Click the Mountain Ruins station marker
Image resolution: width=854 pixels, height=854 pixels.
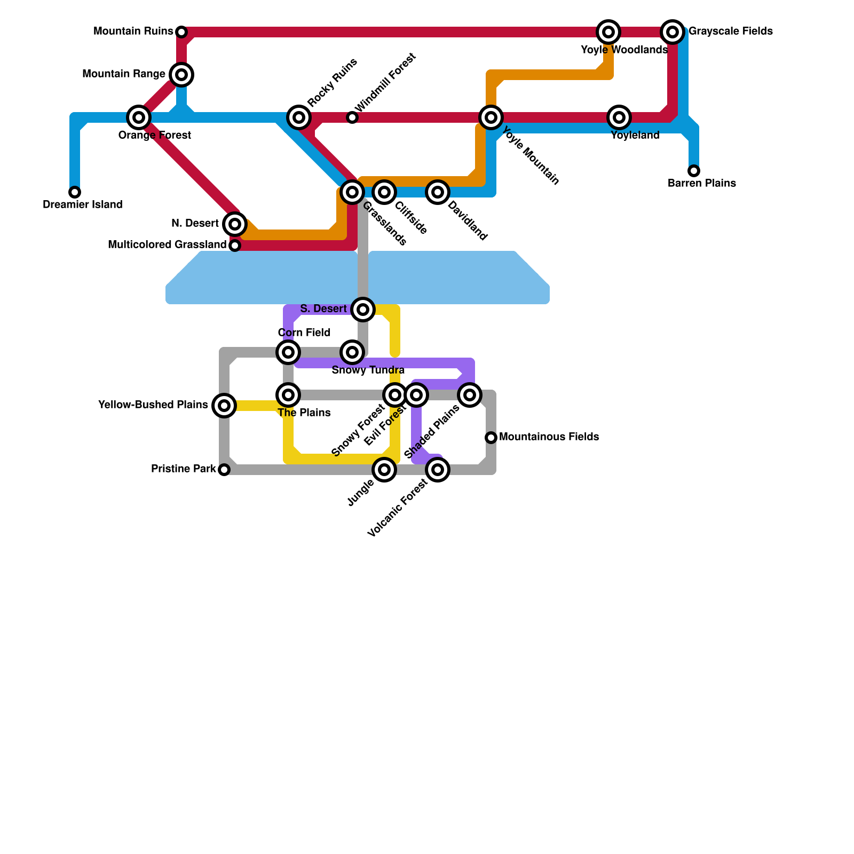[181, 32]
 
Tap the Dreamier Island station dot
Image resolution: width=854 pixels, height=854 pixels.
[75, 192]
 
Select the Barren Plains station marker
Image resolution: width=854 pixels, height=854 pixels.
[694, 171]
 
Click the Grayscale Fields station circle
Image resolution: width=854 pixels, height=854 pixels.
[673, 32]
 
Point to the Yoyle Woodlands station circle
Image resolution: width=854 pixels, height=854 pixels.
[608, 32]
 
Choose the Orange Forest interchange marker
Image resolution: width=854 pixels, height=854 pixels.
[139, 117]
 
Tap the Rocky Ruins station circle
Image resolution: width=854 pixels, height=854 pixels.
[299, 117]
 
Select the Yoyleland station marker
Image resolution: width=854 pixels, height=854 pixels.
[619, 117]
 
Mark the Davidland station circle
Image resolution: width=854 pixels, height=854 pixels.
[438, 192]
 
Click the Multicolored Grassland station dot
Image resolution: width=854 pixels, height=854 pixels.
[235, 246]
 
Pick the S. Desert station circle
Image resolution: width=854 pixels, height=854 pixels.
[363, 309]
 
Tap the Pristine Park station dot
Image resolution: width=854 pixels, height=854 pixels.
[224, 470]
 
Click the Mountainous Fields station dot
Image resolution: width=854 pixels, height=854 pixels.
[491, 438]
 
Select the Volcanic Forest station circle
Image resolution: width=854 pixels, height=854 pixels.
[438, 470]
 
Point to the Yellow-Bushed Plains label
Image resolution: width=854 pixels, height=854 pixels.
[153, 405]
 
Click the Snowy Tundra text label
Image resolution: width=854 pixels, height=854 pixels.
[368, 370]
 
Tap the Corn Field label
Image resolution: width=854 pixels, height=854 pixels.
[304, 333]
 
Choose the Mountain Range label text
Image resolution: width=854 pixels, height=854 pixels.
[124, 74]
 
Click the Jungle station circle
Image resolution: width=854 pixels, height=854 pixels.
[384, 470]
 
